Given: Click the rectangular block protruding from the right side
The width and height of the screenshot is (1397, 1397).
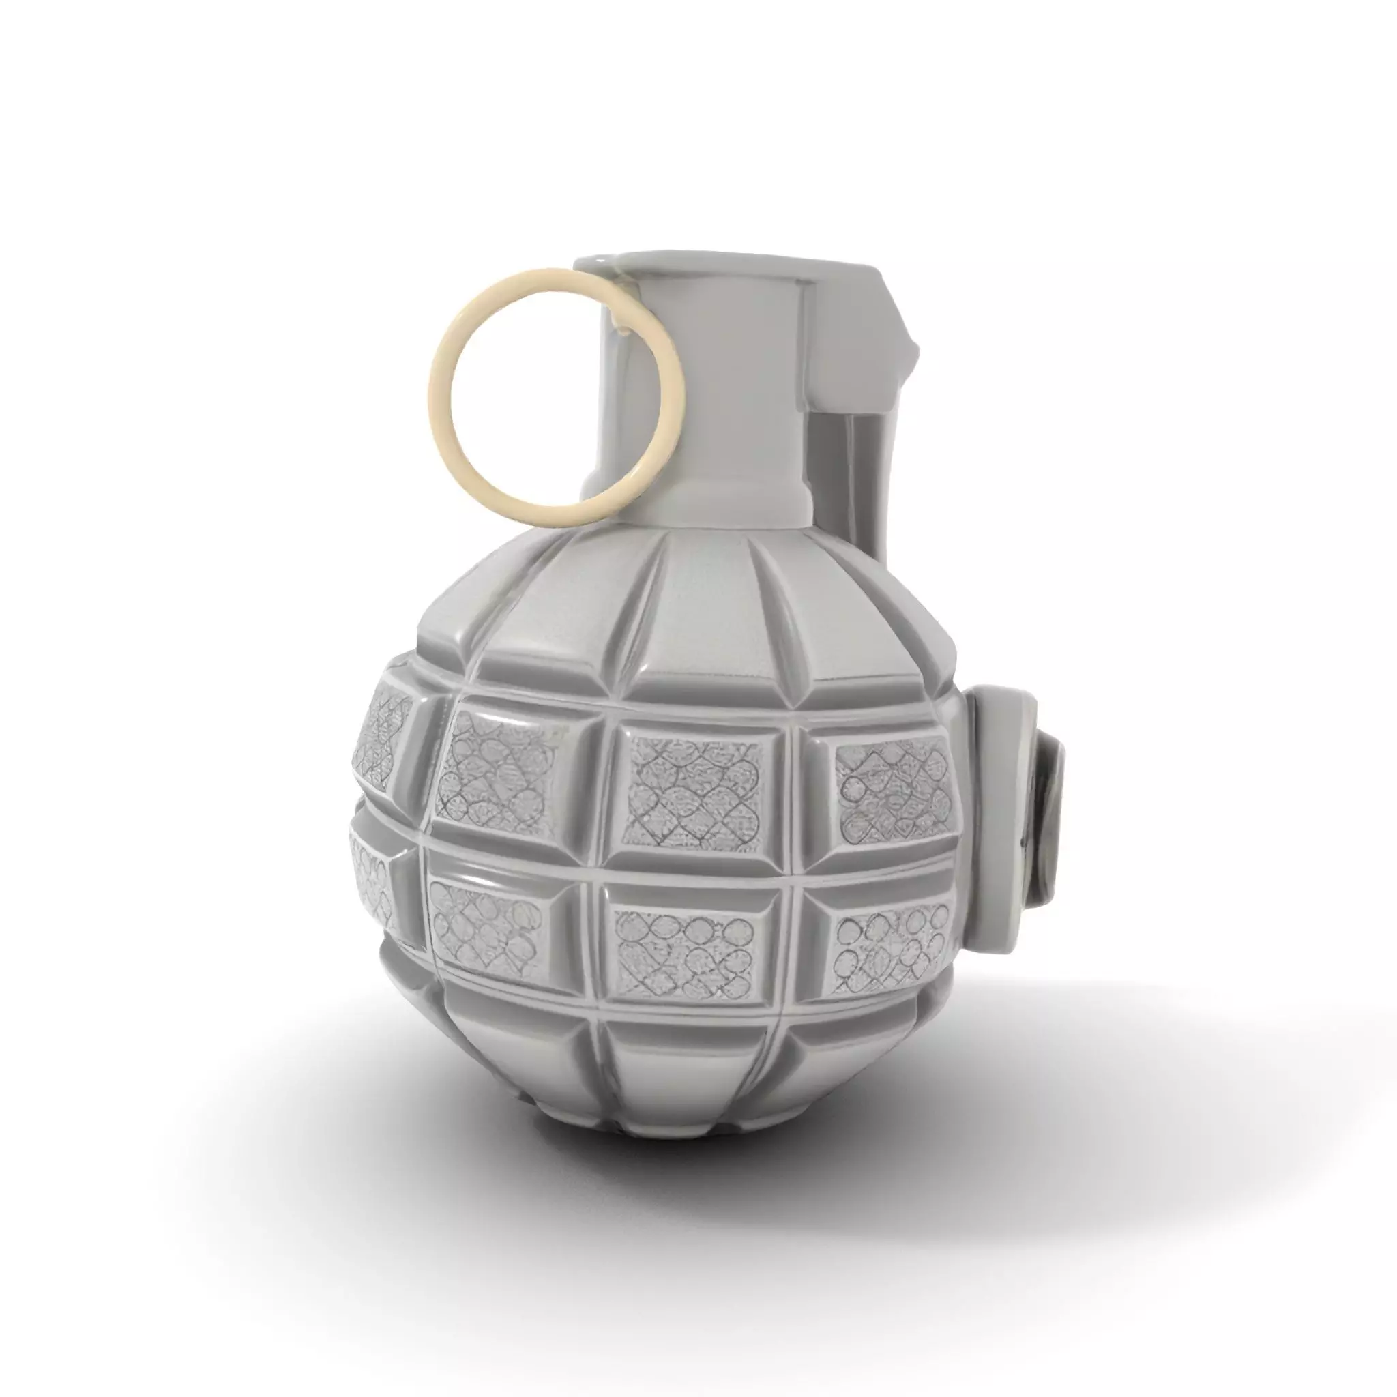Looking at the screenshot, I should (998, 817).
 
